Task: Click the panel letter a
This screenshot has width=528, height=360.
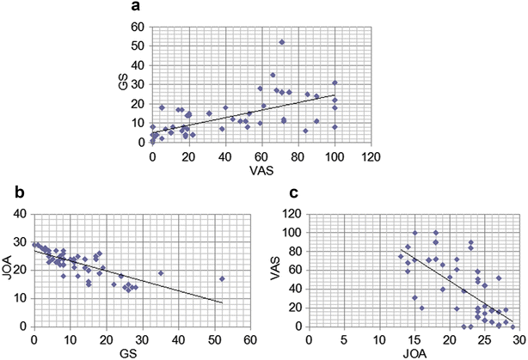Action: click(x=136, y=8)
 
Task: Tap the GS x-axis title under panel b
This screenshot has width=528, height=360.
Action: click(x=141, y=352)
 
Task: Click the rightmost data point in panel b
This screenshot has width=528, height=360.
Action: click(x=222, y=278)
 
